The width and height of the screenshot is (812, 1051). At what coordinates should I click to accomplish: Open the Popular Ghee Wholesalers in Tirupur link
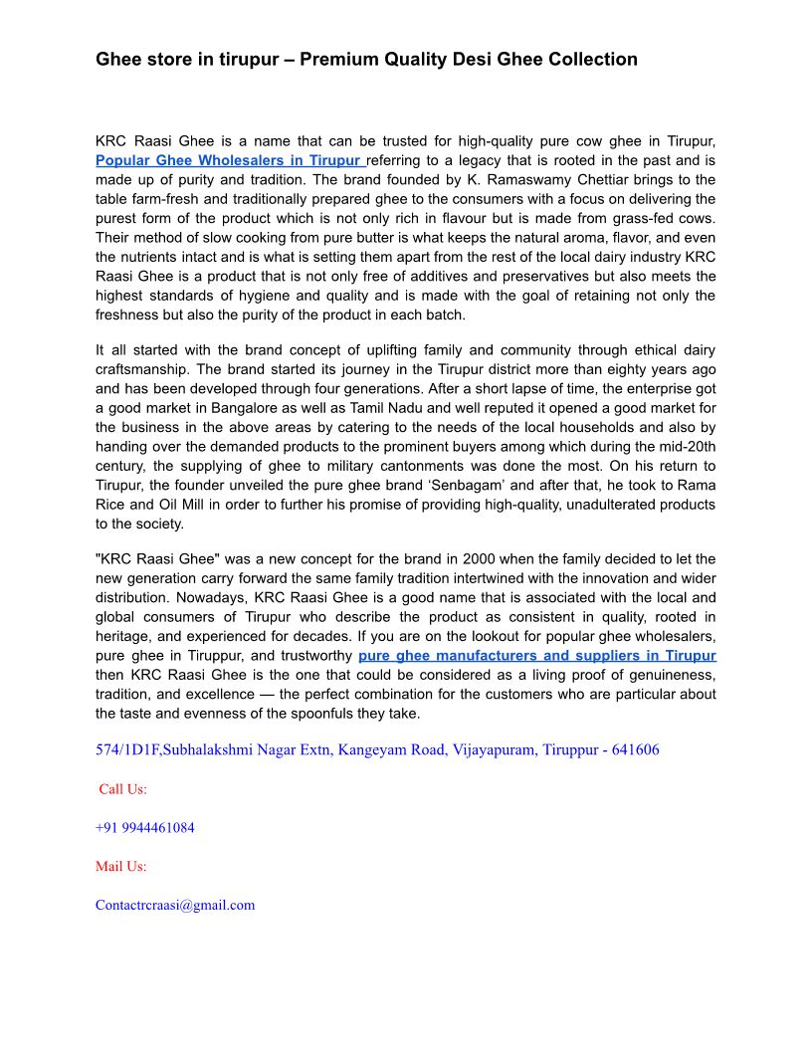229,160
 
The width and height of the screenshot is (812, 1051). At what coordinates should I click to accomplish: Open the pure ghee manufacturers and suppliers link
536,656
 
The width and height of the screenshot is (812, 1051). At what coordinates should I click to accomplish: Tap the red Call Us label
122,789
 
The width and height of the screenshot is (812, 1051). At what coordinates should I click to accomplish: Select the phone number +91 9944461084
145,828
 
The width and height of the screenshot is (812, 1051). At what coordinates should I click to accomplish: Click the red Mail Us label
120,867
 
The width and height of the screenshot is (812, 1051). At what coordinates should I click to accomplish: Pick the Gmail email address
175,906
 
